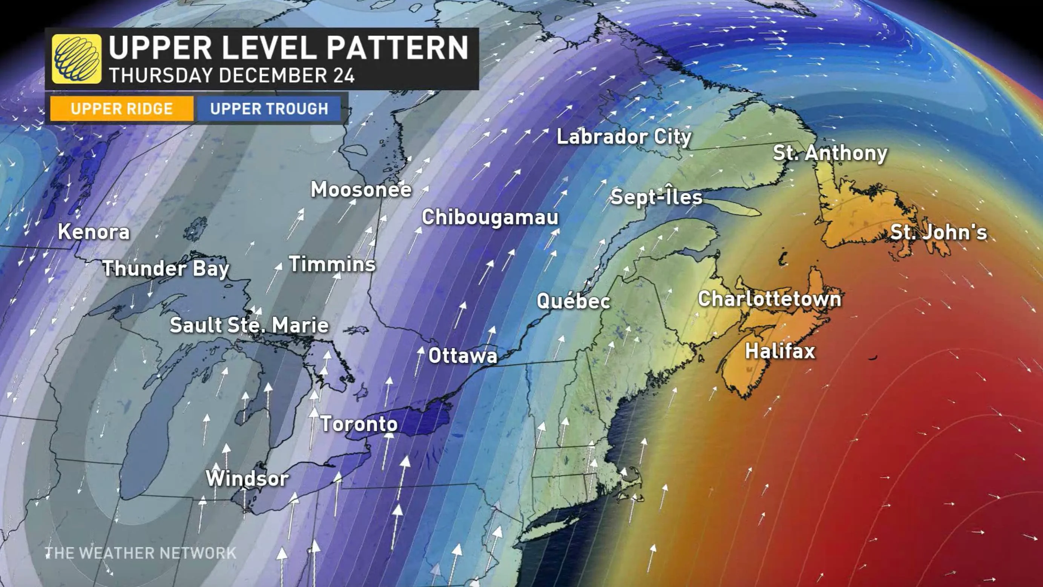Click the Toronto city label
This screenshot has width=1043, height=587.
[x=359, y=424]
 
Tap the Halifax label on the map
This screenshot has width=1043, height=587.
[x=780, y=351]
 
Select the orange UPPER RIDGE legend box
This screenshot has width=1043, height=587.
[x=121, y=109]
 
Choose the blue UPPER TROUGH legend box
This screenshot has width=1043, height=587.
[x=269, y=109]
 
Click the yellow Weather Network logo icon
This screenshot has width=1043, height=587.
[x=77, y=59]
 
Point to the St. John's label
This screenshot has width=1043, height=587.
[x=939, y=232]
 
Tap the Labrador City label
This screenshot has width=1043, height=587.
[x=624, y=137]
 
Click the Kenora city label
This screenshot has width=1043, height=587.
[x=94, y=232]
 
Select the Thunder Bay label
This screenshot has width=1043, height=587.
[x=166, y=269]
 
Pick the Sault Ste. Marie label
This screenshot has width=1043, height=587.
[x=249, y=325]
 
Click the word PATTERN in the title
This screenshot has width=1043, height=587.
[x=397, y=48]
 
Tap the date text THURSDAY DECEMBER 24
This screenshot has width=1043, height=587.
[x=232, y=76]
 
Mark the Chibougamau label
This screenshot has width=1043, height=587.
[x=490, y=218]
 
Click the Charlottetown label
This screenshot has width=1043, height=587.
[x=769, y=299]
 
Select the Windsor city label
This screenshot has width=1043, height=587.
[x=247, y=478]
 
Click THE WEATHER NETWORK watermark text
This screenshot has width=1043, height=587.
[x=141, y=553]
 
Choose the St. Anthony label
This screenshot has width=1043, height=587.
[x=830, y=153]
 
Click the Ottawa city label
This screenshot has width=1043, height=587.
[x=462, y=356]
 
